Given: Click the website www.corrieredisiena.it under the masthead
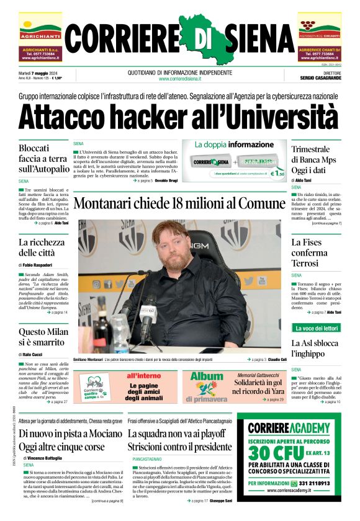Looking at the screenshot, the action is pyautogui.click(x=179, y=79).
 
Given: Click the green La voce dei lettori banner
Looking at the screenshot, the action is pyautogui.click(x=316, y=327).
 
